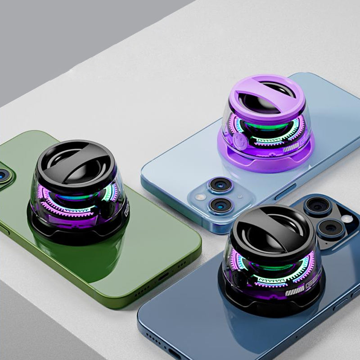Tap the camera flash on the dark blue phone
[x=347, y=219]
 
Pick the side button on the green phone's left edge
[x=4, y=230]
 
